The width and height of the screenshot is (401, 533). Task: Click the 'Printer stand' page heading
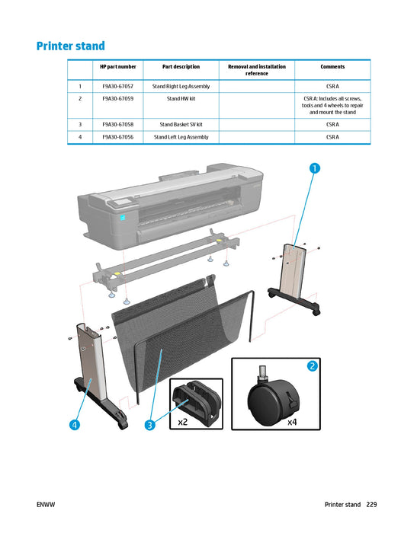click(70, 46)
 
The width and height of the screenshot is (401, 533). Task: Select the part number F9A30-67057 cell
click(118, 87)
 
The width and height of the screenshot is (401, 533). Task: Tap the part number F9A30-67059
click(118, 98)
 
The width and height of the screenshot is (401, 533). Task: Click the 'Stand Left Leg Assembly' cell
click(181, 137)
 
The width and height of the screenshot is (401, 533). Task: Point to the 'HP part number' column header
click(118, 67)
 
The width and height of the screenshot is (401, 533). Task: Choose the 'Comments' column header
click(332, 67)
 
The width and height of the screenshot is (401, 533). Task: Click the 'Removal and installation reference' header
click(257, 70)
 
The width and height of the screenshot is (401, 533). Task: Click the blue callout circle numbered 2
click(312, 366)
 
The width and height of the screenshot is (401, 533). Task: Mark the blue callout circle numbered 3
click(151, 425)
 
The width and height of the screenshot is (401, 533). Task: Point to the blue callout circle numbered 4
click(74, 425)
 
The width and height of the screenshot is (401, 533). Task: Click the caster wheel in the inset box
click(269, 396)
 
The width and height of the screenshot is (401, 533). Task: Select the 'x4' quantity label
click(292, 421)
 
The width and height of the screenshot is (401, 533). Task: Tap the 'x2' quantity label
click(183, 421)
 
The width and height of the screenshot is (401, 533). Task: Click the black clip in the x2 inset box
click(194, 399)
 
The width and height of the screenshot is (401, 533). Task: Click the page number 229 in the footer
click(371, 505)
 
